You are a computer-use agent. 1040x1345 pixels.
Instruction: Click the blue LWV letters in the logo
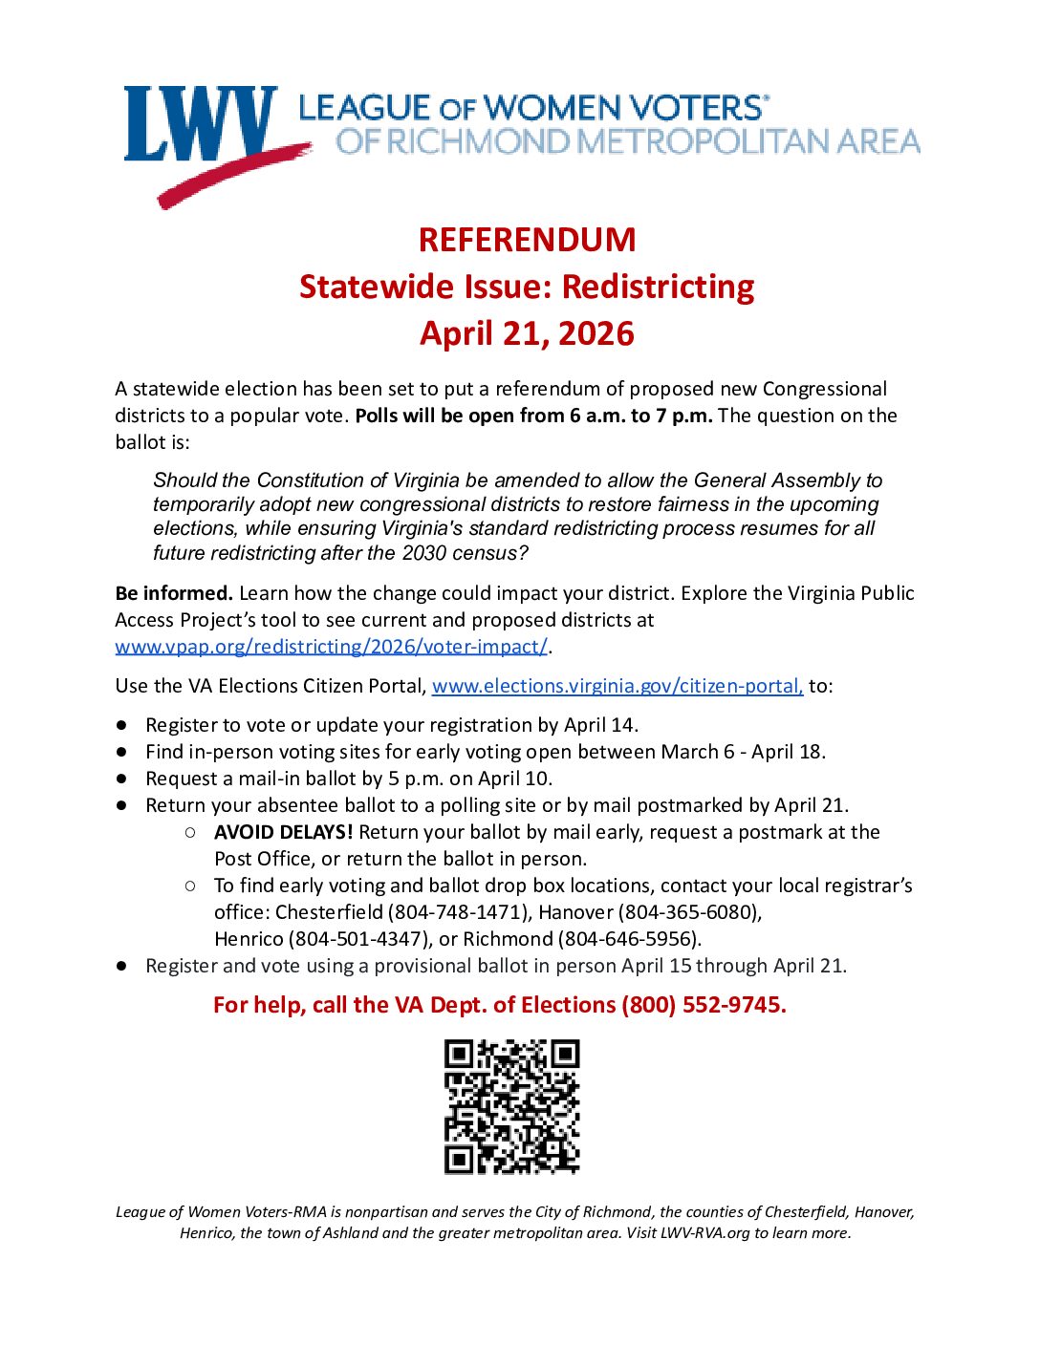(199, 124)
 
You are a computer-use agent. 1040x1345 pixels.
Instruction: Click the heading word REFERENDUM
(527, 240)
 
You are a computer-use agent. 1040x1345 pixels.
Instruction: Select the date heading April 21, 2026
(527, 333)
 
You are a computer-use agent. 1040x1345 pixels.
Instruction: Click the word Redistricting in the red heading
(658, 287)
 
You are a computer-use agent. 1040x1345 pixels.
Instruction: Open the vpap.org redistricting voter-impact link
(331, 647)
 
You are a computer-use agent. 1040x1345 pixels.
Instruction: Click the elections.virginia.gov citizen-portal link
(617, 686)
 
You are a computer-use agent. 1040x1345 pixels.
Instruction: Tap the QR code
(511, 1106)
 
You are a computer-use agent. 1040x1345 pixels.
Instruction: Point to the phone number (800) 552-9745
(704, 1005)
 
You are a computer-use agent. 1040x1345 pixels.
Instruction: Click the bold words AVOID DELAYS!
(283, 832)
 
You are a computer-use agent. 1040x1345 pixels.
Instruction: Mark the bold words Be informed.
(174, 593)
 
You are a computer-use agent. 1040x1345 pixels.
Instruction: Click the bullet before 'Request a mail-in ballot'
(122, 779)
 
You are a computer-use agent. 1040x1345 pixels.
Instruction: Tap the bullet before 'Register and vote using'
(122, 967)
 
